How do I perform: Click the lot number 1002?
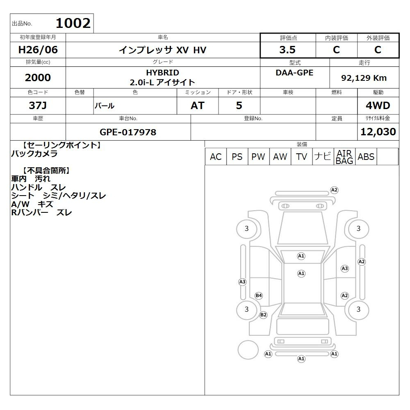point(73,23)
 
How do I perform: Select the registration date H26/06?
point(38,50)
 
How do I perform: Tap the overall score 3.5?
point(287,50)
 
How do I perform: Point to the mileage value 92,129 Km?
point(364,77)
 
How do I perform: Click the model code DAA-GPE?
point(294,73)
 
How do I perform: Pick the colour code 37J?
point(38,105)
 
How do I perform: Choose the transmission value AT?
point(198,105)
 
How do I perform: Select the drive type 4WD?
point(378,105)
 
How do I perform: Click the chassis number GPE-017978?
point(128,132)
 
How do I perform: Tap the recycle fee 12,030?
point(378,132)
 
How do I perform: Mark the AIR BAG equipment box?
point(344,157)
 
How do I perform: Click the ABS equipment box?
point(366,157)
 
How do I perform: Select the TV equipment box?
point(301,157)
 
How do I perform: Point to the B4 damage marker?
point(259,296)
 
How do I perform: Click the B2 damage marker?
point(263,315)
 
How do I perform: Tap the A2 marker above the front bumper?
point(334,190)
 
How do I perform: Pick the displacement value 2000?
point(38,77)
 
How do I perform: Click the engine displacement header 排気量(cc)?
point(38,62)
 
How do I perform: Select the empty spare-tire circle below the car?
point(248,350)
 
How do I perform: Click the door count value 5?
point(239,105)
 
